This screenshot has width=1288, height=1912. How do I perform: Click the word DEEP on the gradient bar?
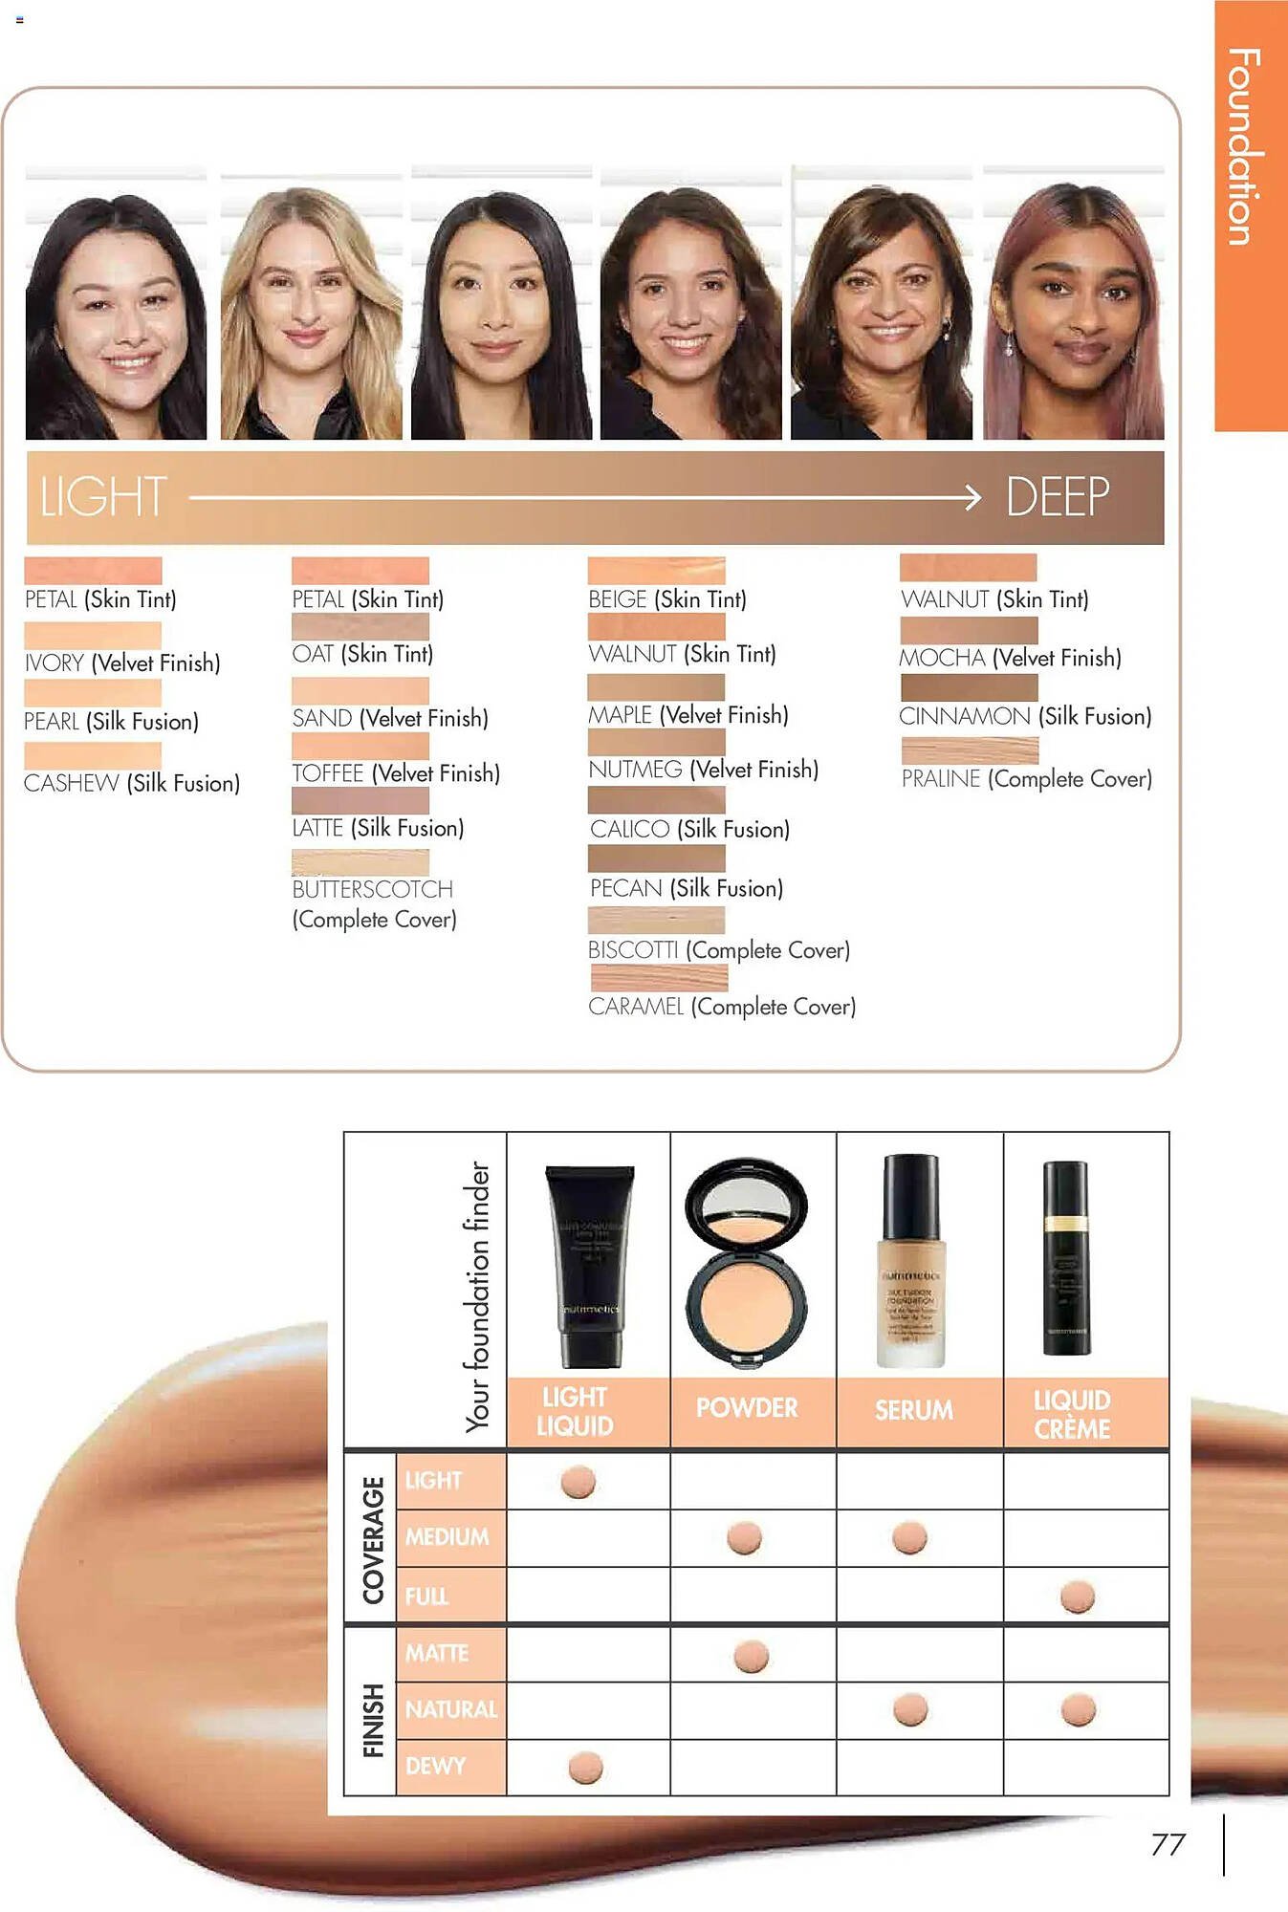[1057, 497]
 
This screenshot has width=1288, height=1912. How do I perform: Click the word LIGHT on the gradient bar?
[103, 497]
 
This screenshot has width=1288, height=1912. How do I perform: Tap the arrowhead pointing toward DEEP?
[972, 497]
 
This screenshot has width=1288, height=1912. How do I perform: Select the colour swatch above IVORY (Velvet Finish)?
[93, 636]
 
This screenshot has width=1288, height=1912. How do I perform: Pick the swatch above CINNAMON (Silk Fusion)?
[969, 688]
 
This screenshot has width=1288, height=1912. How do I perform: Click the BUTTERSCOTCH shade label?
[373, 890]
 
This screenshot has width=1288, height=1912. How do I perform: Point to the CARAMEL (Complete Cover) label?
[722, 1007]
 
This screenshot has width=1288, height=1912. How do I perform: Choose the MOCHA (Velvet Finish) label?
[1010, 658]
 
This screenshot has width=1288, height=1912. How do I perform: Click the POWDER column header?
[747, 1408]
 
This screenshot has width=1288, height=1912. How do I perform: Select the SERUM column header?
[913, 1410]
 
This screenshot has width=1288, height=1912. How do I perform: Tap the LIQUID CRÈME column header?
[1072, 1414]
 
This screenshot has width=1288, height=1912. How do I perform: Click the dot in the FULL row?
[1078, 1597]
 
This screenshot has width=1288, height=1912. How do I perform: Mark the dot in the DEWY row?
[585, 1768]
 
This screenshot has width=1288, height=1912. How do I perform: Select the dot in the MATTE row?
[751, 1657]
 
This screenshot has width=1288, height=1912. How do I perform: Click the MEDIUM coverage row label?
[447, 1537]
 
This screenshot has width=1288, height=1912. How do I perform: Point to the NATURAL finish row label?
[450, 1709]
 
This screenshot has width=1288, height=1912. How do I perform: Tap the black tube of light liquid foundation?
[589, 1264]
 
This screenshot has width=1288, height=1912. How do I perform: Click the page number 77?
[1168, 1844]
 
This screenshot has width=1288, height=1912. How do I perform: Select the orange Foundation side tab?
[1250, 215]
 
